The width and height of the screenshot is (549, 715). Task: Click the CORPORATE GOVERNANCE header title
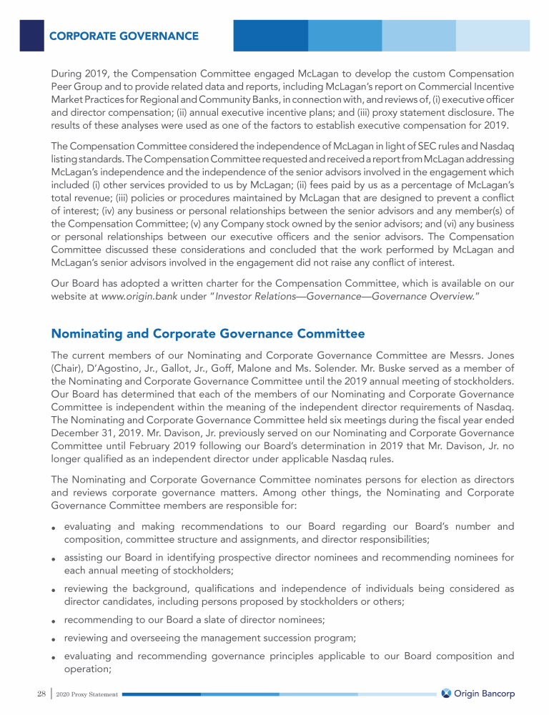[x=123, y=36]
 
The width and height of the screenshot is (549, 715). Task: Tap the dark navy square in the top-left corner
[x=31, y=35]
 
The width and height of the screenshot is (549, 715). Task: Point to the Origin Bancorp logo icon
[x=446, y=694]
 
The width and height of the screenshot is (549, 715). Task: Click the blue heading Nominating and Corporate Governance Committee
[x=208, y=334]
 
